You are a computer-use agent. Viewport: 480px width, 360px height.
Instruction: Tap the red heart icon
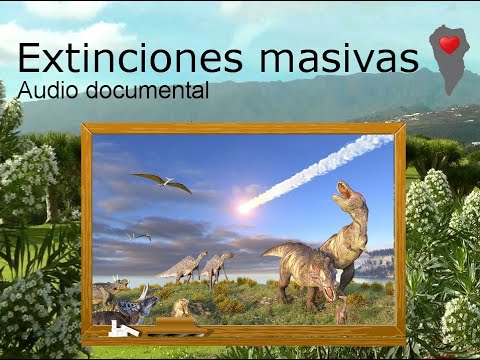coord(449,45)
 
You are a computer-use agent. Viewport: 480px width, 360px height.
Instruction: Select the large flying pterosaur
coord(162,181)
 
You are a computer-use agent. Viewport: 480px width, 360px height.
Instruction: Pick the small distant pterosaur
coord(140,237)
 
